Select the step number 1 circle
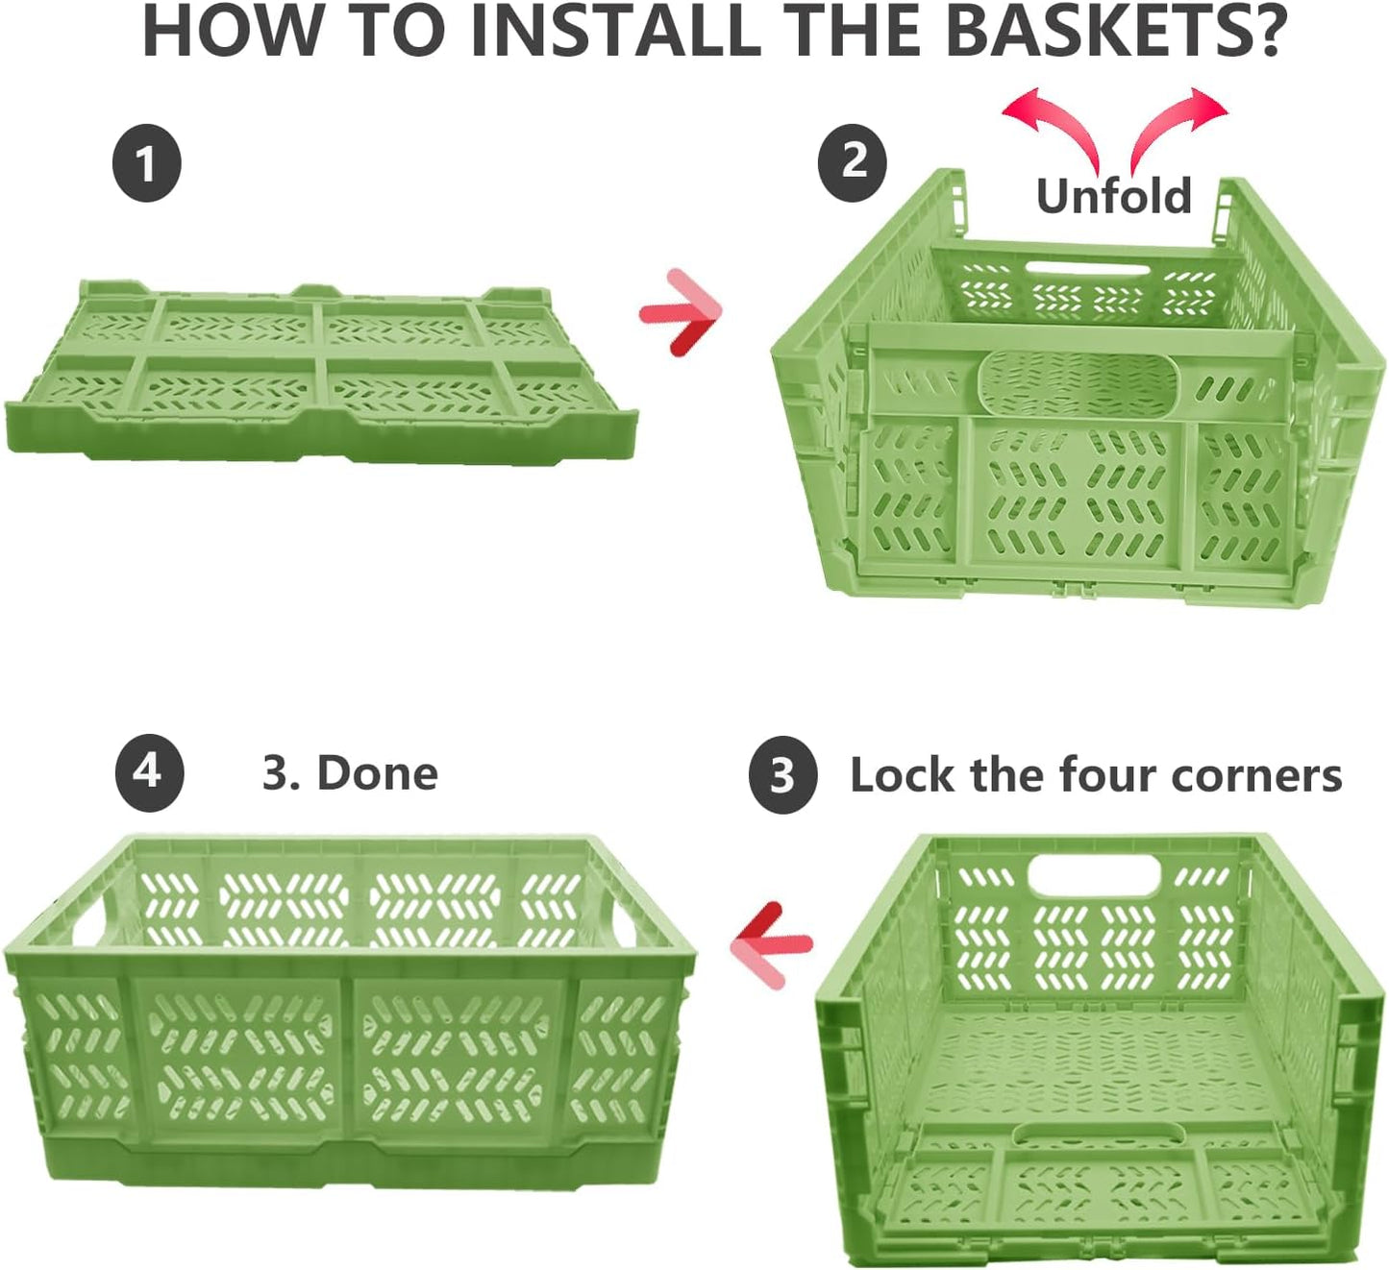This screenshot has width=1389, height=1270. pos(147,163)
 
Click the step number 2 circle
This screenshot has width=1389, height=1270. pos(853,163)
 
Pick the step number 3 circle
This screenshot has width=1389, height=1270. pos(782,774)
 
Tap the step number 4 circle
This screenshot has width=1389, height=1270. pos(150,773)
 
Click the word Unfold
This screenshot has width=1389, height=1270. pos(1113,196)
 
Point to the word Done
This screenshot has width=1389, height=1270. pos(378,773)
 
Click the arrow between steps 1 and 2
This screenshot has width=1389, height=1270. pos(680,313)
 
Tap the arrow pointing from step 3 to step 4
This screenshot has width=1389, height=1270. pos(771,944)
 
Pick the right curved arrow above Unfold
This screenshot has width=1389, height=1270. pos(1170,121)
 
